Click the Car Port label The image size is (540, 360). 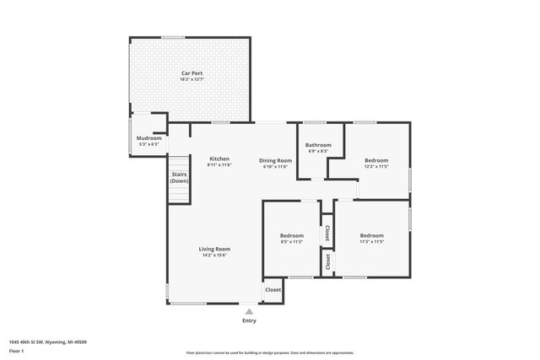coord(192,73)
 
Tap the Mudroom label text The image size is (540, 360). coord(149,137)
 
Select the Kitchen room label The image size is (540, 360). coord(219,159)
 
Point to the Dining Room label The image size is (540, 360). coord(275,160)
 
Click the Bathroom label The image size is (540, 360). coord(318,145)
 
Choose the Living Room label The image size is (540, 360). coord(214,249)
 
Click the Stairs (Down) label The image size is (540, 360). coord(179,178)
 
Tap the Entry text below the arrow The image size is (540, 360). coord(249,320)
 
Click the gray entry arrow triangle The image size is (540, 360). coord(249,310)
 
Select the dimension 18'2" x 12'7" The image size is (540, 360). coord(192,80)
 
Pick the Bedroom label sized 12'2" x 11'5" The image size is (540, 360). coord(376,160)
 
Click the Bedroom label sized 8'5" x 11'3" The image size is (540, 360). coord(291,235)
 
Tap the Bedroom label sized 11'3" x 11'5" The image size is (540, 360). coord(371,235)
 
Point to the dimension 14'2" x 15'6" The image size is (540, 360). coord(214,255)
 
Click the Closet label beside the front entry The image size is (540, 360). coord(273,289)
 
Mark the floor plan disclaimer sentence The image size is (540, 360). coord(269,352)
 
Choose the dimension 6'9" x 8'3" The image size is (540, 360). coord(318,152)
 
